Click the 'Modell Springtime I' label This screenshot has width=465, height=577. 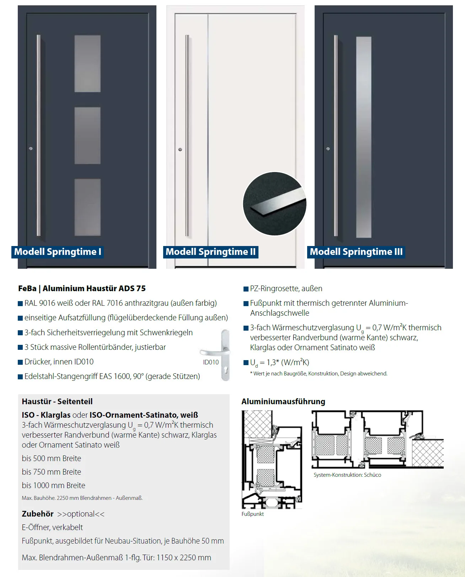tap(58, 252)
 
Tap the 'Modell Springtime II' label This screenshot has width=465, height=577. tap(210, 252)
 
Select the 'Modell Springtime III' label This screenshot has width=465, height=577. tap(356, 252)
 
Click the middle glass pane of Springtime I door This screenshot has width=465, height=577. tap(87, 135)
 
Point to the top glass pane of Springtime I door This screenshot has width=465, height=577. tap(87, 63)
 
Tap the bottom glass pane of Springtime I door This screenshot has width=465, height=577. tap(87, 207)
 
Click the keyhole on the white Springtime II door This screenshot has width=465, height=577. tap(180, 149)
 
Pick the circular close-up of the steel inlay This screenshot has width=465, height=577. tap(274, 204)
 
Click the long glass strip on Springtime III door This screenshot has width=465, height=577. tap(364, 137)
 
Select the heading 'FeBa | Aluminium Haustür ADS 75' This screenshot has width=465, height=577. tap(82, 288)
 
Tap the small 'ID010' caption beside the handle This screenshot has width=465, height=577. tap(211, 362)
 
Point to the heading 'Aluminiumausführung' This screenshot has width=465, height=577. tap(283, 401)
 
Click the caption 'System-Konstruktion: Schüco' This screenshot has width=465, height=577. tap(347, 475)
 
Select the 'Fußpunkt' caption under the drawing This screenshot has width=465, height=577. tap(252, 514)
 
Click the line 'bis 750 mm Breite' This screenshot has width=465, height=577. tap(52, 472)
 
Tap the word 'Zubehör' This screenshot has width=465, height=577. tap(38, 514)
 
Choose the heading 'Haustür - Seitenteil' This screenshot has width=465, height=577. tap(57, 401)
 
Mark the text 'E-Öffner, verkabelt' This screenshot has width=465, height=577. tap(52, 527)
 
